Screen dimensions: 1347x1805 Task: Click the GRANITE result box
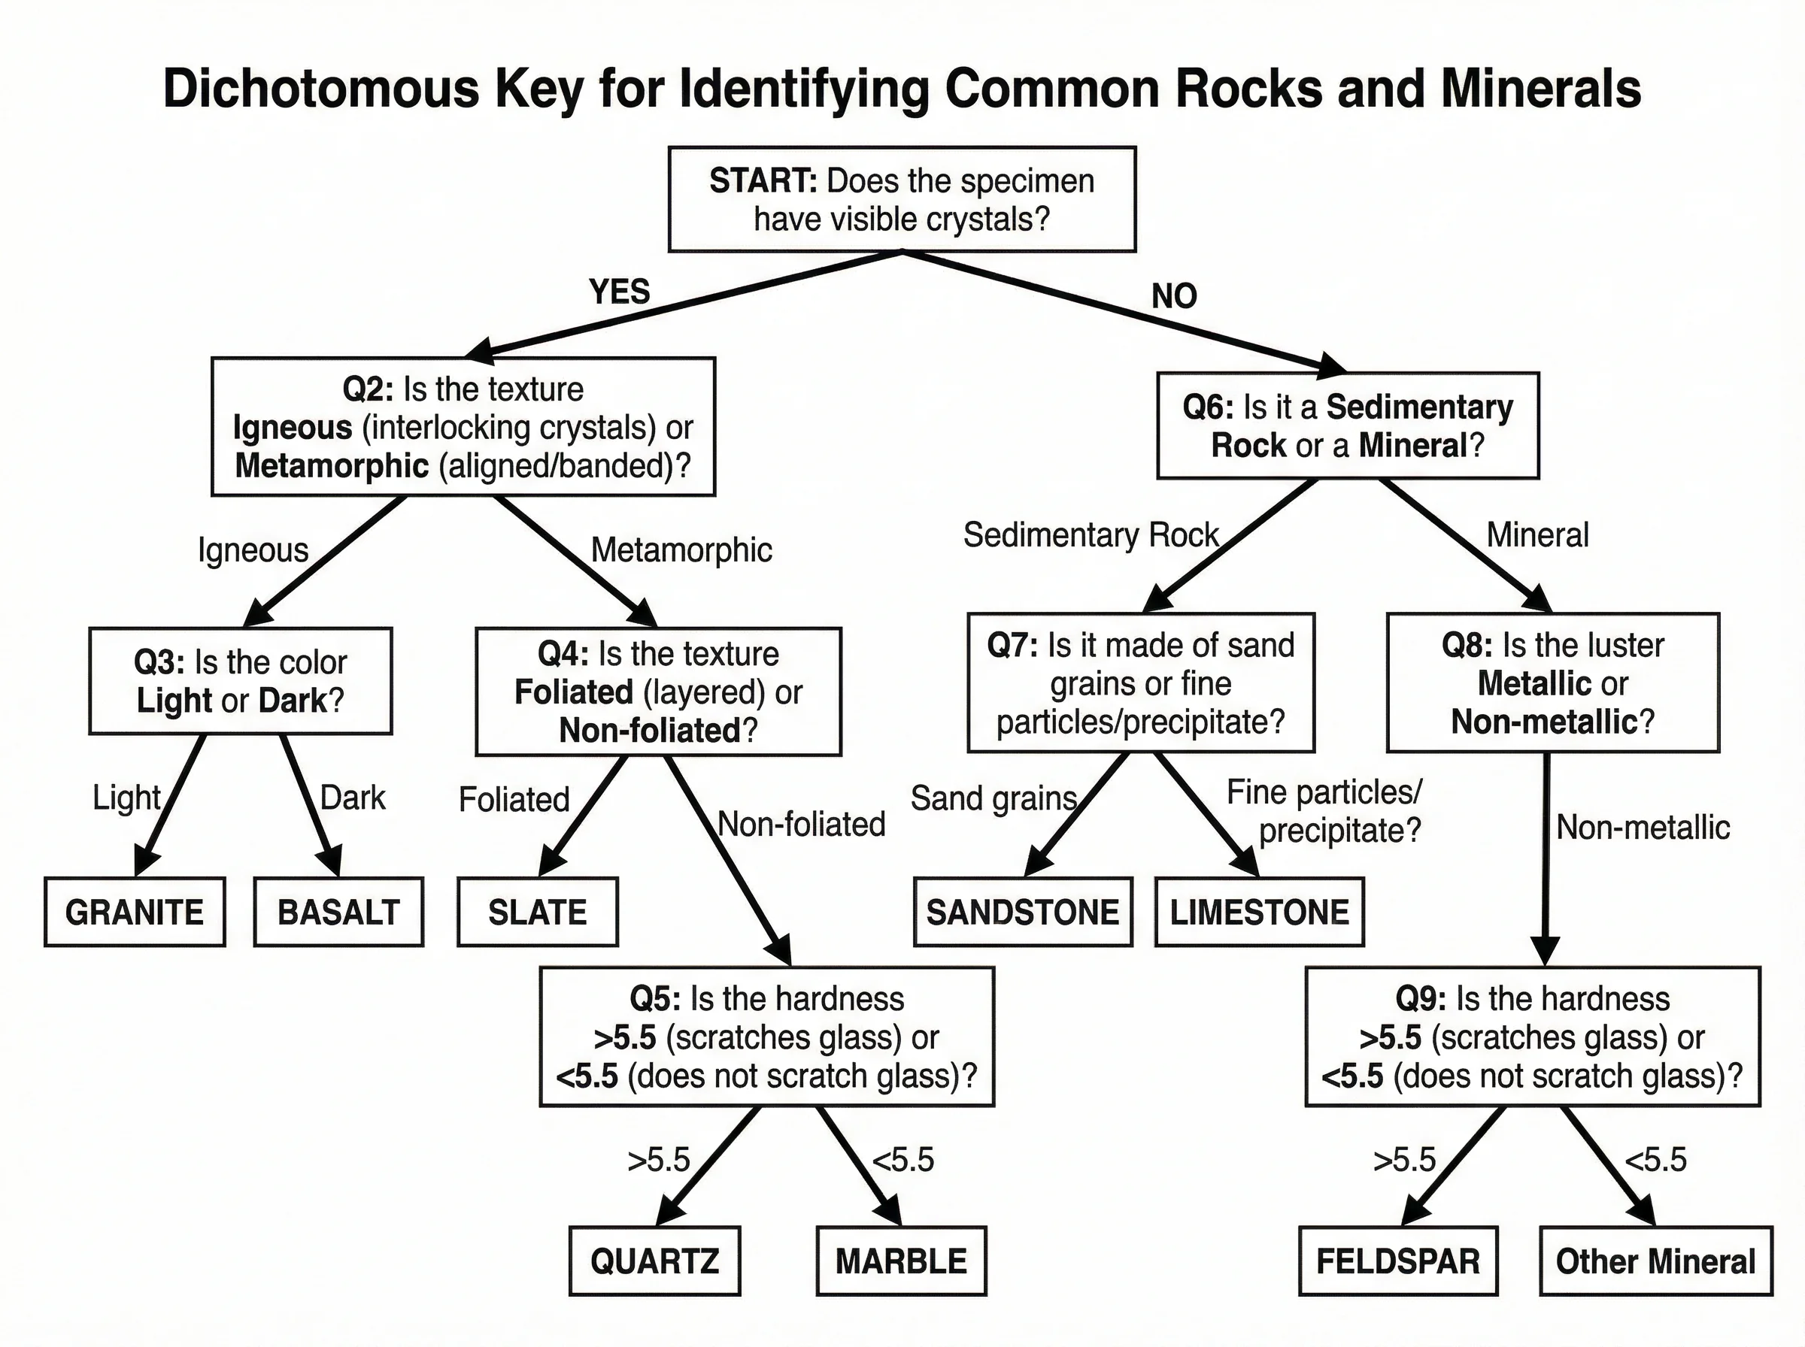click(135, 912)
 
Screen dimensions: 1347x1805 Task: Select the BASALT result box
click(338, 912)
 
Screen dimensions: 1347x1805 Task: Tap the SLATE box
click(538, 912)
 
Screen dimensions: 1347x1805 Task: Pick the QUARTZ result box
click(655, 1261)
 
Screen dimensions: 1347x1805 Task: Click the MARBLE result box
click(901, 1261)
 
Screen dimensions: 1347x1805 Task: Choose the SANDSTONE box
click(1023, 912)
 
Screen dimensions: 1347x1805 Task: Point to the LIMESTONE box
click(1259, 912)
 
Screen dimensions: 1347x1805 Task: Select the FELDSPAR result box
click(1398, 1261)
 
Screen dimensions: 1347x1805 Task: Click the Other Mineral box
click(1656, 1261)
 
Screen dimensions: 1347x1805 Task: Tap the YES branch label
click(620, 291)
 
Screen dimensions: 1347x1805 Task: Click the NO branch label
click(1174, 296)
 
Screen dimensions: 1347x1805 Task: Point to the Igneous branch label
click(253, 550)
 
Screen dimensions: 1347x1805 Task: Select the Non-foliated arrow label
click(801, 825)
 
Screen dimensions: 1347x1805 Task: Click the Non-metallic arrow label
click(1643, 828)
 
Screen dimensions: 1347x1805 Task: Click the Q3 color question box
click(241, 681)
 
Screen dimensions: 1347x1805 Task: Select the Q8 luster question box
click(1553, 683)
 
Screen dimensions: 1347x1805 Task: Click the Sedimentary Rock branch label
click(1091, 535)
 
